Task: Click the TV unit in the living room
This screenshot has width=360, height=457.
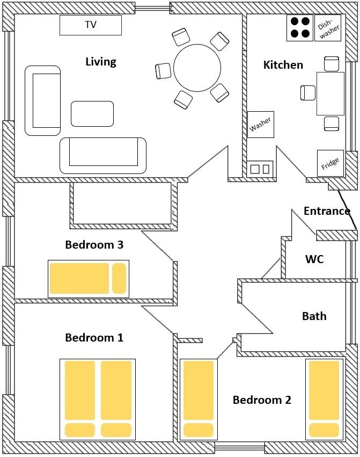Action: (x=91, y=25)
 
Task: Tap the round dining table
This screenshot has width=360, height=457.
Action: (x=197, y=68)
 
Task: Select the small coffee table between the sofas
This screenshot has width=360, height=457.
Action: (x=92, y=114)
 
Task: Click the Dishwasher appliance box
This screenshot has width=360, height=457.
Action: (x=328, y=28)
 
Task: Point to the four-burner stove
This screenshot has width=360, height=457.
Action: (x=300, y=28)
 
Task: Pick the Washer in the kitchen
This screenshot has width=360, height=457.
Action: (x=261, y=125)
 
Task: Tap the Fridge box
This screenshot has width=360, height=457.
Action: (x=330, y=163)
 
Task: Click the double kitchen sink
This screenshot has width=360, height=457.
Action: (x=260, y=169)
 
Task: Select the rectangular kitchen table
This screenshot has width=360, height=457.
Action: (x=330, y=93)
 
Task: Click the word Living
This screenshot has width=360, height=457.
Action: (x=101, y=62)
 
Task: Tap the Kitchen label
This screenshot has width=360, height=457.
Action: (x=283, y=64)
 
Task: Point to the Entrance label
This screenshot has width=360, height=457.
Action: (x=327, y=211)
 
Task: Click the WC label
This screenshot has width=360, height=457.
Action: (x=314, y=259)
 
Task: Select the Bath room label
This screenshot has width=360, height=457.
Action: (x=314, y=316)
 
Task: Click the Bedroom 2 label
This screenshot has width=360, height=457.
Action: (x=262, y=400)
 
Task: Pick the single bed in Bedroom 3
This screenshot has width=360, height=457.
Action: (x=88, y=279)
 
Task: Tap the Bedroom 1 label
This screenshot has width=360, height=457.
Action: (x=94, y=337)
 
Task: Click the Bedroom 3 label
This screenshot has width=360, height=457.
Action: (x=94, y=244)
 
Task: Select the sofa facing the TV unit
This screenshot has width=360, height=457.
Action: (x=103, y=156)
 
